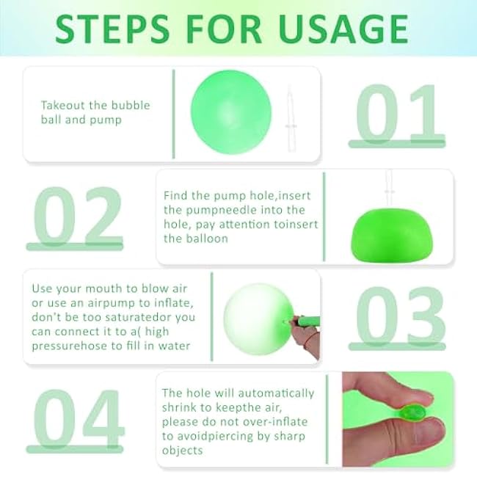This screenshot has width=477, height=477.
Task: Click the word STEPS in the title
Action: pyautogui.click(x=112, y=29)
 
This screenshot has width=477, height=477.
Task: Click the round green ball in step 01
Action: pyautogui.click(x=231, y=112)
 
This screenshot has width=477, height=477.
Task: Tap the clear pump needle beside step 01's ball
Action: pyautogui.click(x=291, y=120)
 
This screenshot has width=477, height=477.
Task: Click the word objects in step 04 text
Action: pyautogui.click(x=182, y=451)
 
